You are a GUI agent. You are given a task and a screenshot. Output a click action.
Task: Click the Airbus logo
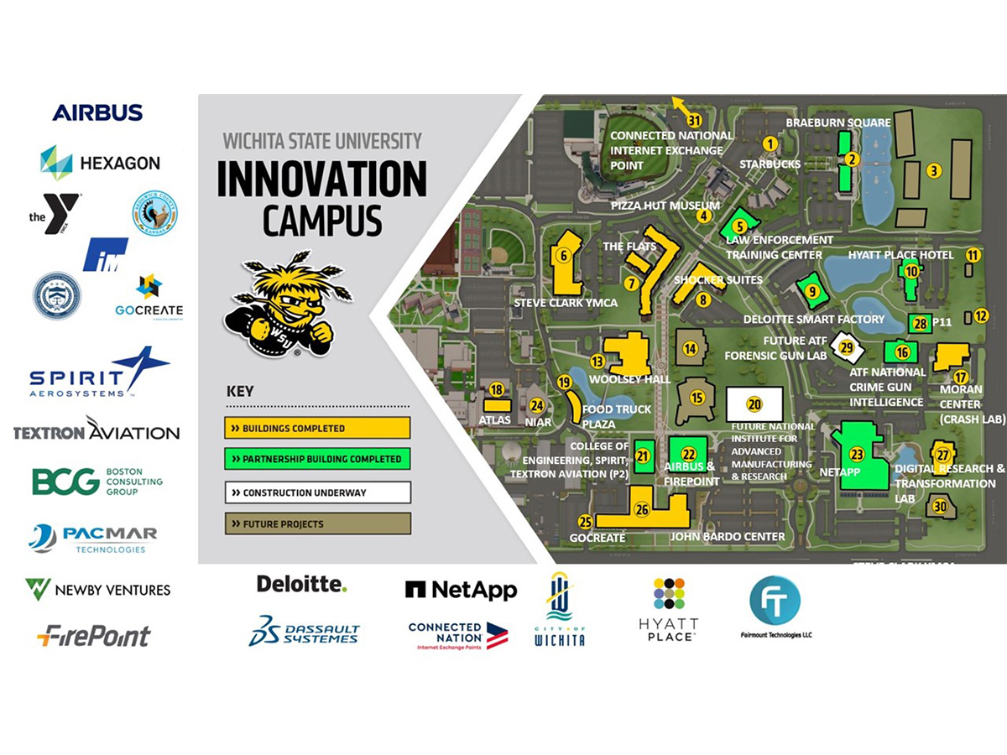97,112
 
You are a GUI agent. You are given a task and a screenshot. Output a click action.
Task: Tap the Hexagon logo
100,162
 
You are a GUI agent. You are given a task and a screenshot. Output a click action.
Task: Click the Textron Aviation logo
97,431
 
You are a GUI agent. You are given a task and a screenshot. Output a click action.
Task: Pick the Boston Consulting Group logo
97,482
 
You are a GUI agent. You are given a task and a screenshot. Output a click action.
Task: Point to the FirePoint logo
94,636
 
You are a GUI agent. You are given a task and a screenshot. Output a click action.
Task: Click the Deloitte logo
301,584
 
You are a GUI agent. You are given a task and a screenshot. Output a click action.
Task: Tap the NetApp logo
461,590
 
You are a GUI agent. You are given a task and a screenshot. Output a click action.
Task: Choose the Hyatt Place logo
669,609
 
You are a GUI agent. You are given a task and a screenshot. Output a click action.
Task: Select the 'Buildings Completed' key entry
317,428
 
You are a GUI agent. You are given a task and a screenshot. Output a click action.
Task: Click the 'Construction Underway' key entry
317,492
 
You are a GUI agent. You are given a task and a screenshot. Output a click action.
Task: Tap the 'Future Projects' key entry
317,523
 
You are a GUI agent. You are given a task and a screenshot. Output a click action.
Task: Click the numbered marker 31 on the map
693,120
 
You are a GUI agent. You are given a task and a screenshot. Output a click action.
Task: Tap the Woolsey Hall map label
630,379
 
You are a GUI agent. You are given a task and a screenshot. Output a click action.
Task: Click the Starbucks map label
770,164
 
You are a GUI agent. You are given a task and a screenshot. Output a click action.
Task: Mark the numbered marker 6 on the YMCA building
565,256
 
